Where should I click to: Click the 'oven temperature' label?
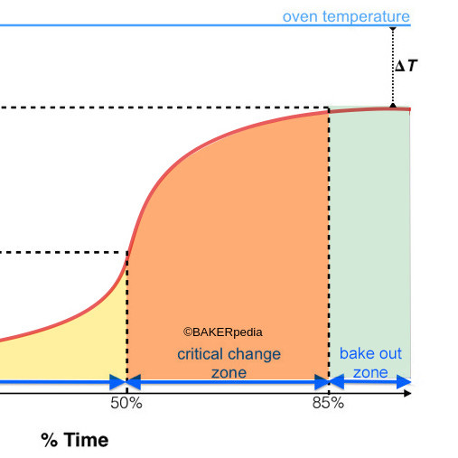point(345,16)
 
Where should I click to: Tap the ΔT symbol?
point(407,66)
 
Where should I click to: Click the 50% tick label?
point(126,403)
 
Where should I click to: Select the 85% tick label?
point(328,403)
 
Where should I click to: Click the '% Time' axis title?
point(74,440)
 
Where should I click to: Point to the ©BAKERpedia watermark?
point(223,332)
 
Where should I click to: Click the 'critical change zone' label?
point(229,362)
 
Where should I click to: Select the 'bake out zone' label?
point(370,362)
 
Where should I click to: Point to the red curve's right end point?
point(409,109)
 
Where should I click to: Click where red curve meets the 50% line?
point(127,253)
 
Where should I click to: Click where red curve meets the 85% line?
point(328,111)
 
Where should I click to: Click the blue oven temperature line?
point(181,25)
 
